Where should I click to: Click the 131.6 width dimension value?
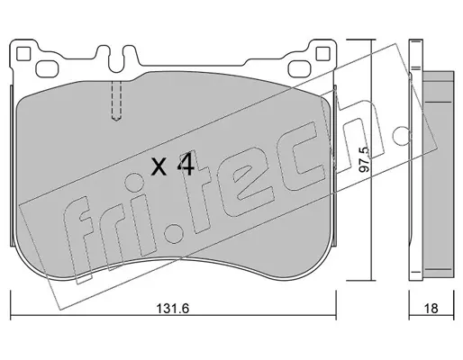pyautogui.click(x=173, y=308)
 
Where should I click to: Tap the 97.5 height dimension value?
pyautogui.click(x=365, y=159)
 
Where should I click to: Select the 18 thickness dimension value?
pyautogui.click(x=431, y=308)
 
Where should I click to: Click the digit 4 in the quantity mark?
pyautogui.click(x=186, y=163)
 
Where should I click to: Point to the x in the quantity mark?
pyautogui.click(x=159, y=166)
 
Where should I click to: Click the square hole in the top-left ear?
pyautogui.click(x=23, y=54)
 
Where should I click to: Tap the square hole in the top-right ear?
pyautogui.click(x=323, y=54)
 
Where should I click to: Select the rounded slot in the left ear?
pyautogui.click(x=47, y=68)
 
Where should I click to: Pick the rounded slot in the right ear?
pyautogui.click(x=300, y=68)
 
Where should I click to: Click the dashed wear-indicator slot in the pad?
pyautogui.click(x=116, y=101)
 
